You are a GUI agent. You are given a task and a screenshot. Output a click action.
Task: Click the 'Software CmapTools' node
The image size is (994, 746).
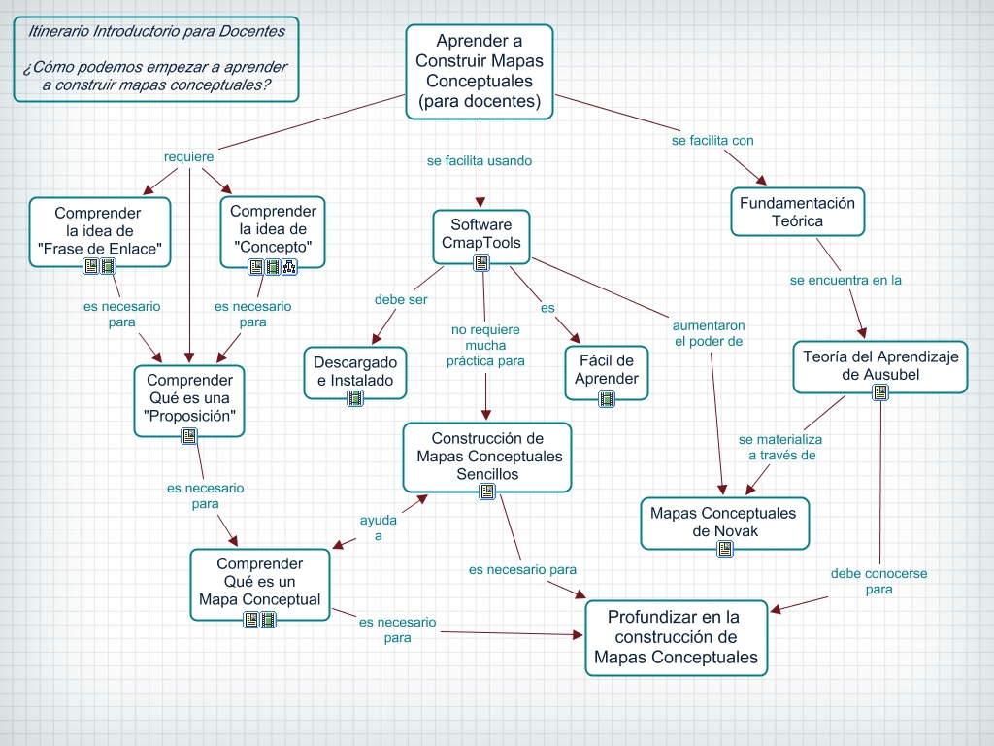pos(480,234)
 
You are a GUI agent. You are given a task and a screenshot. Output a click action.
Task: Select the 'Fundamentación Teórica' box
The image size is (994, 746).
pos(797,212)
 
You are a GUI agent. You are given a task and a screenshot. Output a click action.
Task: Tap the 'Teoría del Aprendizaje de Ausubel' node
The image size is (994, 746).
pos(879,365)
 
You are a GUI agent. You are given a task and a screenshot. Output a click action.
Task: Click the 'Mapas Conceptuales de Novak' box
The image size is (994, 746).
pos(723,522)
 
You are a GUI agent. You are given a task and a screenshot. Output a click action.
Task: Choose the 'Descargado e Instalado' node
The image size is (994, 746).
pos(354,371)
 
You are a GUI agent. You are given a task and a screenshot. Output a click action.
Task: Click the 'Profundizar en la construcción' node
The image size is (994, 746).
pos(675,636)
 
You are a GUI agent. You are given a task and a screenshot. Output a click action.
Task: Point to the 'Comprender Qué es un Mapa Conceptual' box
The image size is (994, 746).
pos(259,581)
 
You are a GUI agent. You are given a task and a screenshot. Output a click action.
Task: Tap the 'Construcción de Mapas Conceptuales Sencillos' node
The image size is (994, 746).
pos(487,457)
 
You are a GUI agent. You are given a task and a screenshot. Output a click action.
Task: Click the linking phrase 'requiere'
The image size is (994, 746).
pos(188,156)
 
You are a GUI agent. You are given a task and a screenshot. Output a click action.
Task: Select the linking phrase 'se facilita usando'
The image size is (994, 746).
pos(480,160)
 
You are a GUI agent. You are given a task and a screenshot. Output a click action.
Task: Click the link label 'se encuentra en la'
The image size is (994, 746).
pos(845,280)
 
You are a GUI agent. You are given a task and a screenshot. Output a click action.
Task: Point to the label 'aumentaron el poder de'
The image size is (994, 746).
pos(709,333)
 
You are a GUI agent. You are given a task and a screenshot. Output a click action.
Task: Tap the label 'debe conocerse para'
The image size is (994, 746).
pos(878,581)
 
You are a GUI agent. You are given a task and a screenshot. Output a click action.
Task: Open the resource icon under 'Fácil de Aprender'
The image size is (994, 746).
pos(607,397)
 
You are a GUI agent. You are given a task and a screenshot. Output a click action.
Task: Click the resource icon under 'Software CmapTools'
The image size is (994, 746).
pos(481,263)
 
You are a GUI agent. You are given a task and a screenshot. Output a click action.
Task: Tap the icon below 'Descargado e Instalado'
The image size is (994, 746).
pos(355,397)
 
